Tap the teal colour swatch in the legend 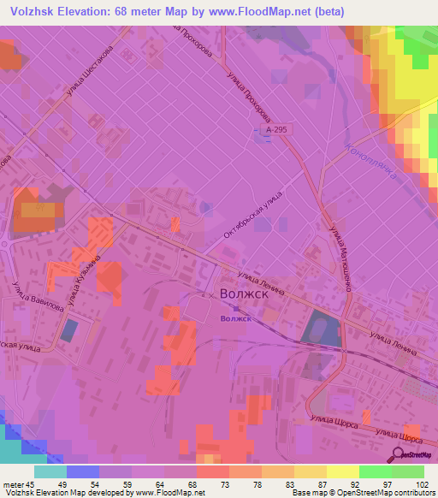tap(50, 471)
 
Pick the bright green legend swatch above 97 tap(375, 471)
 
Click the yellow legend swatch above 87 tap(310, 471)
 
